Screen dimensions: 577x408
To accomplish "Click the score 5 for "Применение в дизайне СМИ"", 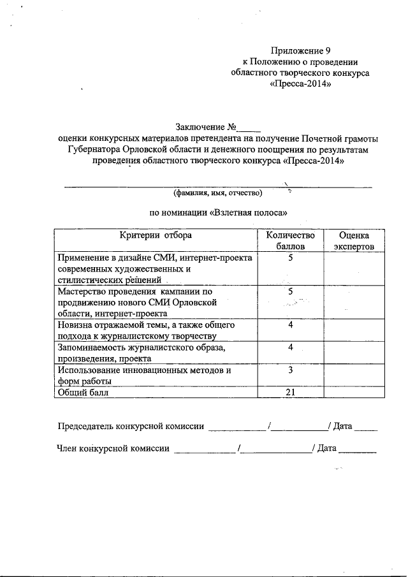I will tap(290, 258).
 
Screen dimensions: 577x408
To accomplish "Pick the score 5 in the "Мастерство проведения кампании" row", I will tap(290, 291).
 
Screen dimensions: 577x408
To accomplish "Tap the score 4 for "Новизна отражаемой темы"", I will tap(290, 325).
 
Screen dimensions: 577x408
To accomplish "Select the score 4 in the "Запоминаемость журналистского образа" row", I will tap(290, 347).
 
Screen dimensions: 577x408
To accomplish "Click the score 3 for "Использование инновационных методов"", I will tap(290, 370).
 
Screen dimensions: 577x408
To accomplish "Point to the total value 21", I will tap(290, 393).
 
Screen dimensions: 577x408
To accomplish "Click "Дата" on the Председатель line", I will tap(342, 426).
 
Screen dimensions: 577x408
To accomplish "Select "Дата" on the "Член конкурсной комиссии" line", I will tap(326, 448).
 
